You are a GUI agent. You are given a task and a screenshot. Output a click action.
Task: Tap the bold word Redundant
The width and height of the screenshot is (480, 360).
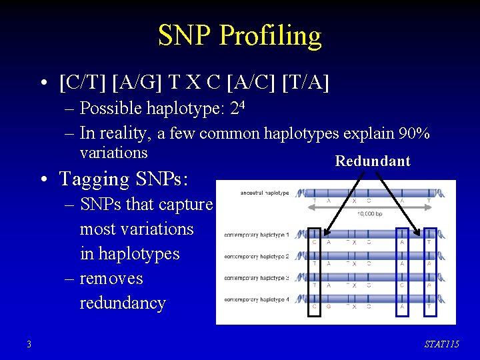click(x=373, y=161)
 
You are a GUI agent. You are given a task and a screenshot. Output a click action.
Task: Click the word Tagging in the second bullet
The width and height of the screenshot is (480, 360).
click(x=94, y=179)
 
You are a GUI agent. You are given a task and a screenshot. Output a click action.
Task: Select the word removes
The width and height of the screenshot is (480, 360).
click(x=111, y=278)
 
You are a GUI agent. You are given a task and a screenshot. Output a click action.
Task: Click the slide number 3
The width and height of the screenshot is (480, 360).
click(x=29, y=344)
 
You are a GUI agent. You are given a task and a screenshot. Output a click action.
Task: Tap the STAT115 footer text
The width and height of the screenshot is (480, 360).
click(x=441, y=344)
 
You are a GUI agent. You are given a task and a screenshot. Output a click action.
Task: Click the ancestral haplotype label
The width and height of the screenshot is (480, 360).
click(x=265, y=193)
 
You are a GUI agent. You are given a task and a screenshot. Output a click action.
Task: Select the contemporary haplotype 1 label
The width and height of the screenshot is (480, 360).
click(x=257, y=235)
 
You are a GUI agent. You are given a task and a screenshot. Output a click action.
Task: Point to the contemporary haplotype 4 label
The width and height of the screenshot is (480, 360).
click(x=257, y=300)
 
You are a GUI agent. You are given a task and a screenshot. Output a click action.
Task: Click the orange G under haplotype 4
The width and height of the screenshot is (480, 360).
click(x=328, y=307)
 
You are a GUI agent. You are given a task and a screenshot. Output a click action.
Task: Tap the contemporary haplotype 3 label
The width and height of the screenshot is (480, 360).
click(x=257, y=278)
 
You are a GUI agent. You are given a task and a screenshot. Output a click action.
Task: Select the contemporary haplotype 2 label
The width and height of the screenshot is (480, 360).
click(x=257, y=257)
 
